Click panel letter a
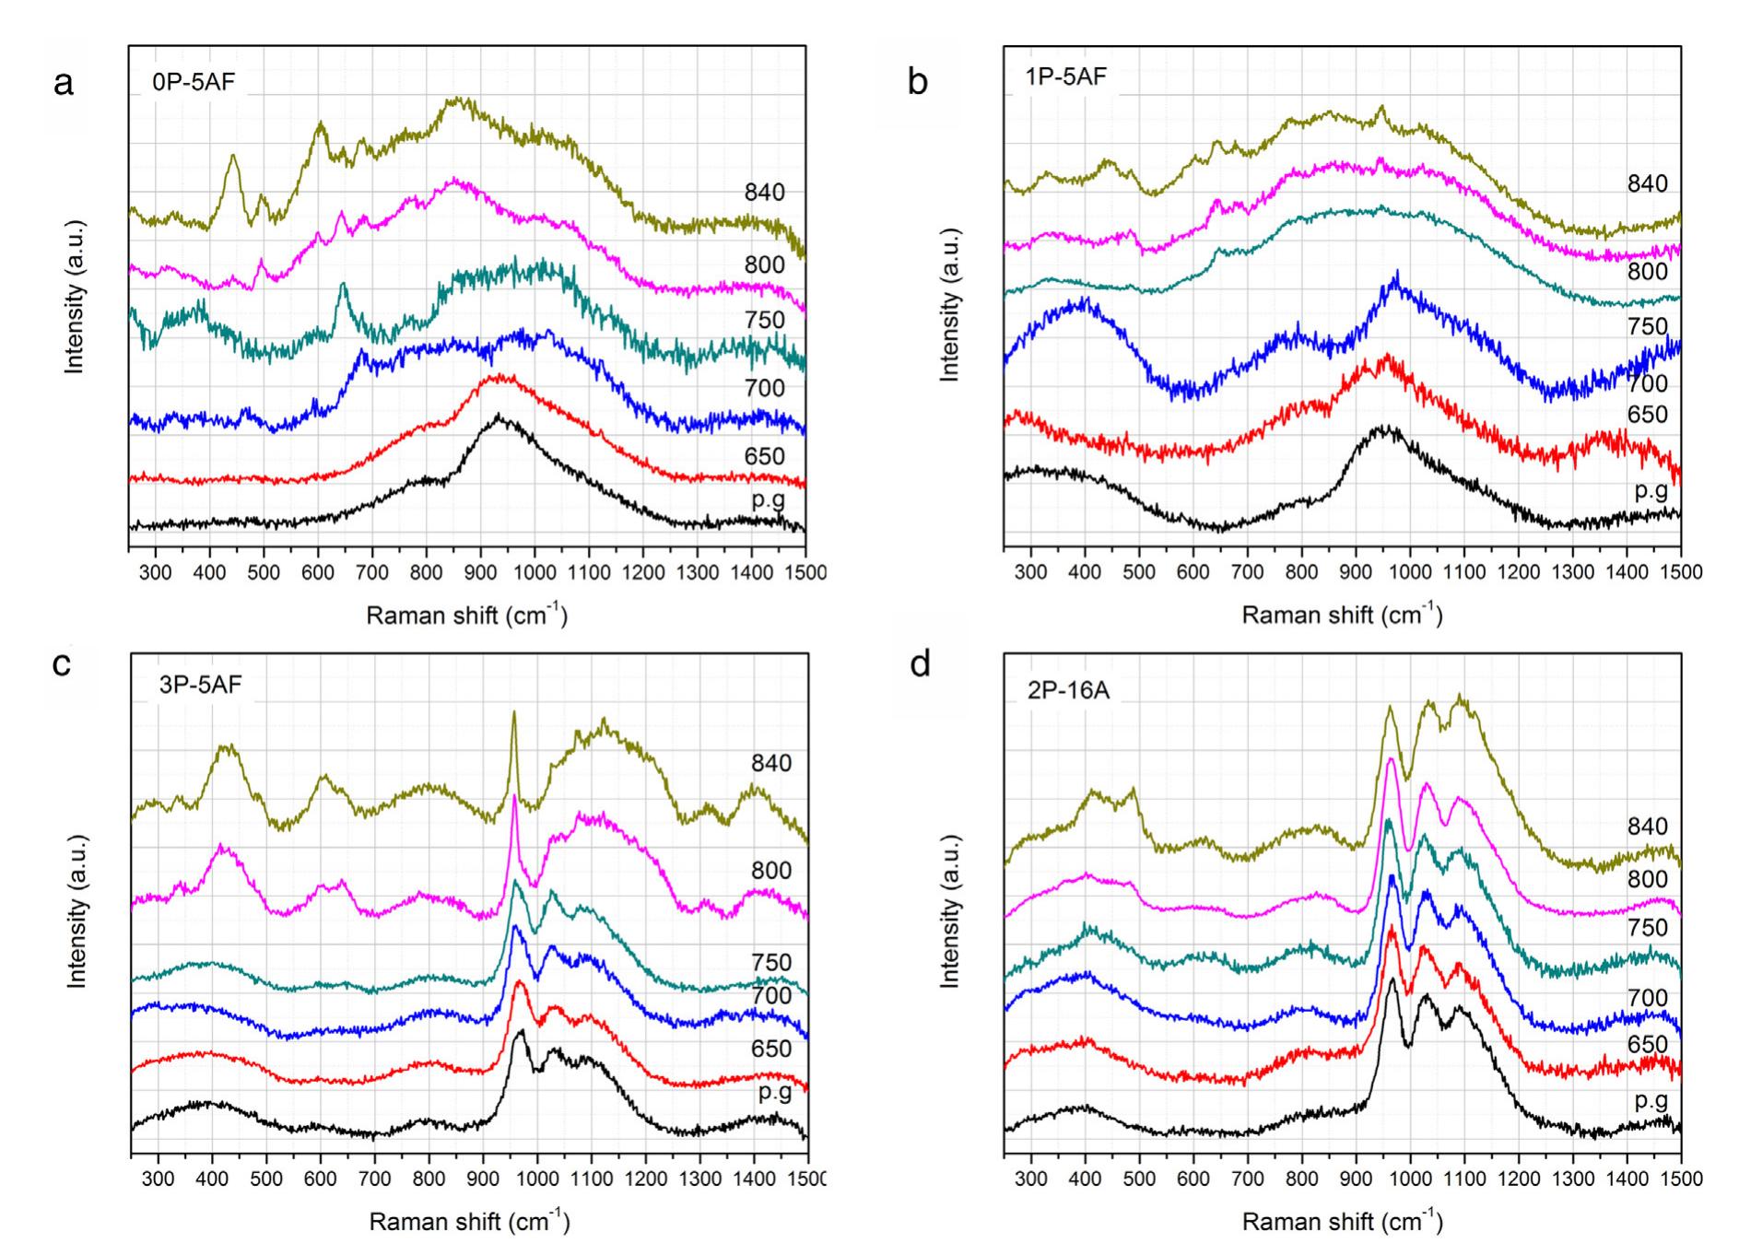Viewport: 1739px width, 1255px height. tap(64, 84)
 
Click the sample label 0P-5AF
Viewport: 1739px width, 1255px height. tap(194, 82)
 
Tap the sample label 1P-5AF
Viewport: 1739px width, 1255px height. tap(1066, 76)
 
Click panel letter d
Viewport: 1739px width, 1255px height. tap(920, 663)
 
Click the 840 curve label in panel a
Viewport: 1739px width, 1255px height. tap(765, 193)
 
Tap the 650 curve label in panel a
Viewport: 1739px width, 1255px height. tap(765, 456)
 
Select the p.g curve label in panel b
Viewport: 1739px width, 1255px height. tap(1651, 490)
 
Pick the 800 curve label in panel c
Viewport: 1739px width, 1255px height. tap(770, 870)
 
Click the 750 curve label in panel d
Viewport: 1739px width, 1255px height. tap(1647, 927)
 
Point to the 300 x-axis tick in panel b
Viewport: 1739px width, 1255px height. tap(1030, 572)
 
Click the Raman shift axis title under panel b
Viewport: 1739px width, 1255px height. tap(1342, 616)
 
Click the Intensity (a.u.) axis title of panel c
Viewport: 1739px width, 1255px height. tap(77, 912)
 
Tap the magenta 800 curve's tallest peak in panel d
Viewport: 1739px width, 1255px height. tap(1390, 759)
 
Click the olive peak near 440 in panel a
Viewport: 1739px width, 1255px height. tap(232, 156)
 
